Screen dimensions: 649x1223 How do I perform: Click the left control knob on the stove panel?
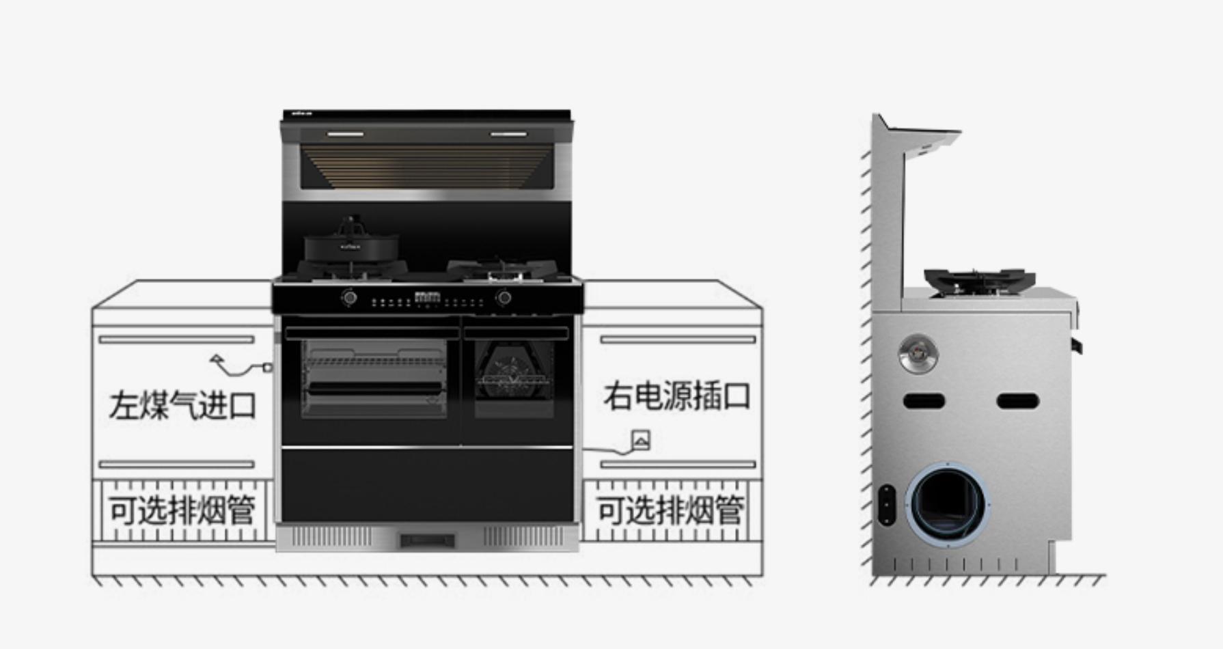tap(350, 298)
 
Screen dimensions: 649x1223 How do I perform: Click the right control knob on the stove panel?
tap(504, 298)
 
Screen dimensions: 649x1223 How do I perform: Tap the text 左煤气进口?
tap(182, 405)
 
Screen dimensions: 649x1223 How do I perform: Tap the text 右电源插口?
tap(676, 396)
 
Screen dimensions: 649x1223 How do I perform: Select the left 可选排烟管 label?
tap(182, 510)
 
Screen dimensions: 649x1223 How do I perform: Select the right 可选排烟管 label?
tap(670, 510)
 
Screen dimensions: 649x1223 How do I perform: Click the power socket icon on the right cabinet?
tap(640, 441)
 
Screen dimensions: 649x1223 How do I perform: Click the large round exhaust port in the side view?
tap(947, 503)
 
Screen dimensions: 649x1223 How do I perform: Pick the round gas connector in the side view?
tap(918, 354)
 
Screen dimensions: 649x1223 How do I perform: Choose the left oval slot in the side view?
tap(924, 401)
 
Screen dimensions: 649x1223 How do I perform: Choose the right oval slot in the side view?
tap(1017, 401)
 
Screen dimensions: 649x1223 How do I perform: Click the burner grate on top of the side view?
tap(980, 280)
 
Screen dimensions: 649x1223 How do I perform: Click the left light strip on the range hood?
tap(345, 134)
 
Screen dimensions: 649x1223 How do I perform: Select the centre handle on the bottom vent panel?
tap(427, 541)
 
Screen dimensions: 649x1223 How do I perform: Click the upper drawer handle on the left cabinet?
tap(176, 339)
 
